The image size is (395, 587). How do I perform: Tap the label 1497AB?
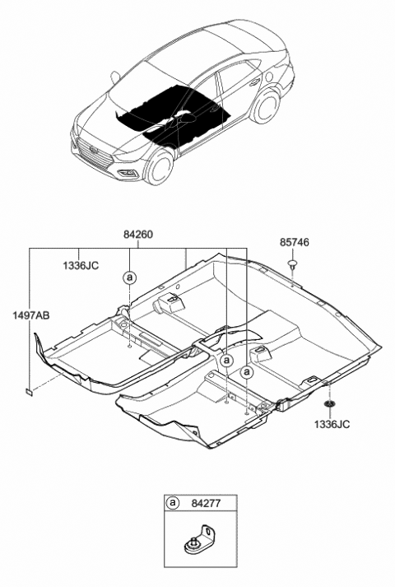(x=30, y=314)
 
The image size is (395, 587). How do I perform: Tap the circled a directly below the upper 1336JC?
(x=129, y=277)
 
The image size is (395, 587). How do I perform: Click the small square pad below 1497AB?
(x=29, y=392)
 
